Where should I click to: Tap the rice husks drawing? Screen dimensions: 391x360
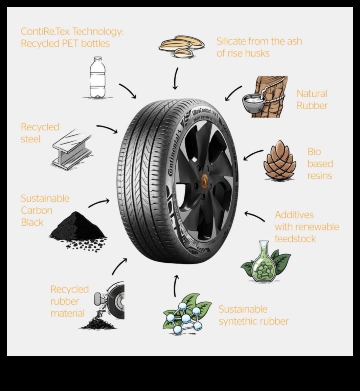point(182,46)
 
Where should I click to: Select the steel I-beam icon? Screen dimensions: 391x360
point(72,149)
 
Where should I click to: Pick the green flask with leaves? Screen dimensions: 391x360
point(266,262)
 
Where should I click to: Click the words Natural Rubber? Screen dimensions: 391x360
point(312,100)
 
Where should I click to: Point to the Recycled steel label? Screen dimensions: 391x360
point(40,133)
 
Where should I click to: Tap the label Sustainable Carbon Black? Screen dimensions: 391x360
point(45,210)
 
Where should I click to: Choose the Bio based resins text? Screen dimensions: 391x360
point(320,164)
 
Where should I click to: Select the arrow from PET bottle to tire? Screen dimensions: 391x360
point(128,91)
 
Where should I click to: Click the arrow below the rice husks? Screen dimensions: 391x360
point(176,79)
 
